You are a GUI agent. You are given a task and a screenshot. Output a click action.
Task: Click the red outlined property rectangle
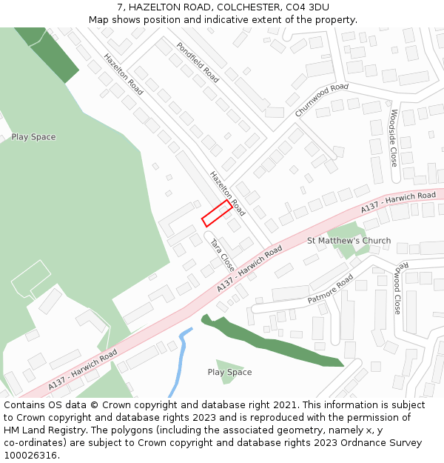(217, 213)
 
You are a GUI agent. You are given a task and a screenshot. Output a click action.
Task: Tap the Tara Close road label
(222, 255)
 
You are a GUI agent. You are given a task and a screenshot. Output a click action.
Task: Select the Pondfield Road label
(198, 62)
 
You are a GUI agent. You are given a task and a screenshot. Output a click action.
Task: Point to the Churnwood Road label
(321, 100)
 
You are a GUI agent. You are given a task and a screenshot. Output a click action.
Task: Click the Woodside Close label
(394, 138)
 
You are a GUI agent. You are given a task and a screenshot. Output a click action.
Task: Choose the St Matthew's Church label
(349, 241)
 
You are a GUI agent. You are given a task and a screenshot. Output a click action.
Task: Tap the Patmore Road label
(331, 290)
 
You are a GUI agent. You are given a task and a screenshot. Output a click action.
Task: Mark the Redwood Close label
(397, 288)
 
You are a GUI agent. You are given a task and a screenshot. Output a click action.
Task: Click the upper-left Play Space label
(33, 137)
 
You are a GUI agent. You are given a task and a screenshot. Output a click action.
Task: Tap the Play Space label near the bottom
(229, 373)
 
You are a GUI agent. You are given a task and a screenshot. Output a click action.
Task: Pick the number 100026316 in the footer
(30, 455)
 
